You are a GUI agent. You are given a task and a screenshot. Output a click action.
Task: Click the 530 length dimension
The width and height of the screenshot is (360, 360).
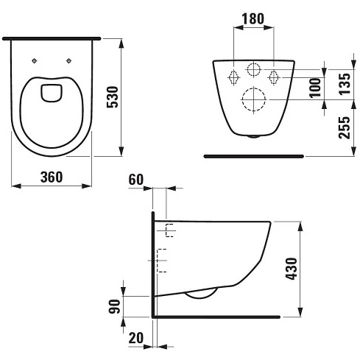tap(113, 97)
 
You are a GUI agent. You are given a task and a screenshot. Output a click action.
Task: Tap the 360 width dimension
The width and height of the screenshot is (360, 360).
tap(52, 177)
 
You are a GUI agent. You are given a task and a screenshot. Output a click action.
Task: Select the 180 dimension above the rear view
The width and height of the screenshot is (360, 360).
tap(253, 18)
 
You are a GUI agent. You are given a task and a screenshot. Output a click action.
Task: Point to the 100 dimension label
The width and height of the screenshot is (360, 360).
tap(315, 88)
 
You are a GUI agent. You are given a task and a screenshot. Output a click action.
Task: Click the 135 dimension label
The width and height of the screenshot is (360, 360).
tap(345, 84)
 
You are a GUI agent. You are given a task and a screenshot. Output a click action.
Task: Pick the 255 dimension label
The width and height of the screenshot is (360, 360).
tap(345, 127)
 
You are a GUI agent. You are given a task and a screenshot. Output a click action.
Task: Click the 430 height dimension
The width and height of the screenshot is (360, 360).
tap(292, 269)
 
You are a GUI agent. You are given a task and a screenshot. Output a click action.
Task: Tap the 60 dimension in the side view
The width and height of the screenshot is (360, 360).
tap(135, 180)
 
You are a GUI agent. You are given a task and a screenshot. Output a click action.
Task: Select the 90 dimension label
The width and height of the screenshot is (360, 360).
tap(114, 306)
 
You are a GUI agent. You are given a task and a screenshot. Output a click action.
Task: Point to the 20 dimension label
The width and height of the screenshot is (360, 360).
tap(135, 338)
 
